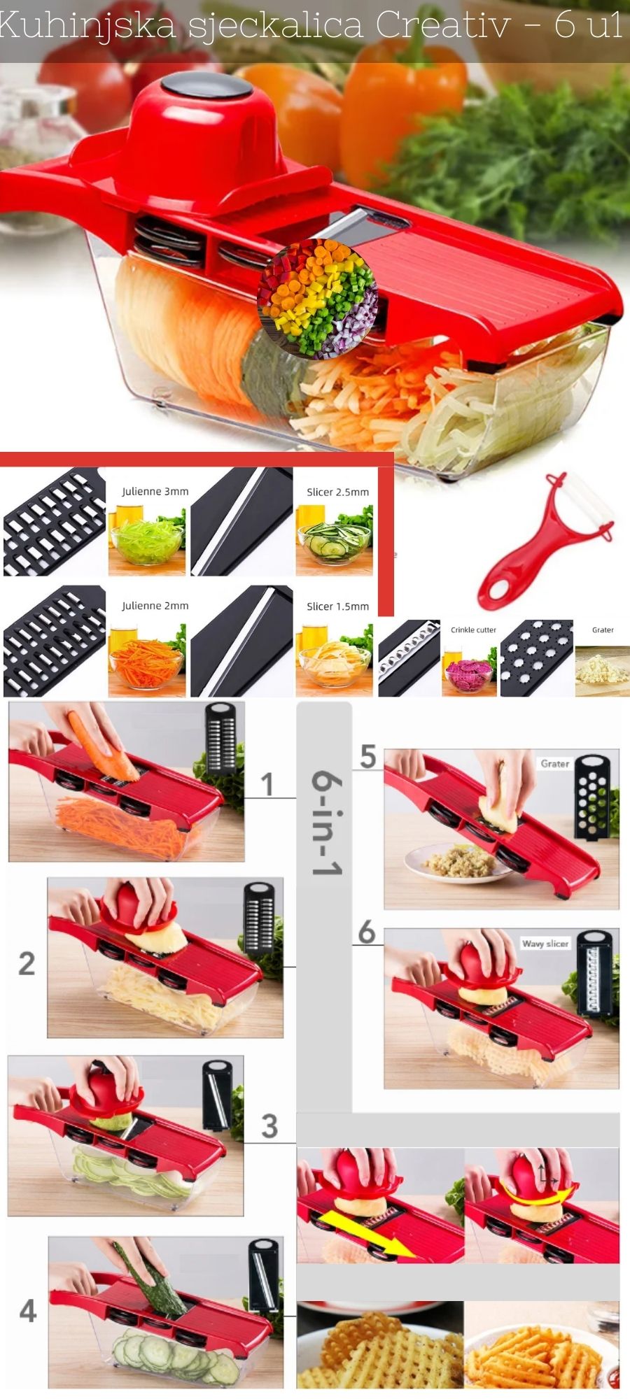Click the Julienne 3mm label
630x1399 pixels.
pyautogui.click(x=155, y=492)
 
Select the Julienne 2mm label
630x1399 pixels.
pyautogui.click(x=155, y=606)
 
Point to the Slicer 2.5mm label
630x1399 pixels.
pyautogui.click(x=337, y=492)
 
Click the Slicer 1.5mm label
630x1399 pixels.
pyautogui.click(x=337, y=606)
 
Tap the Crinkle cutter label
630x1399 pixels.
pyautogui.click(x=473, y=630)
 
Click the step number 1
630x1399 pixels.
pyautogui.click(x=267, y=784)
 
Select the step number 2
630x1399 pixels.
pyautogui.click(x=27, y=963)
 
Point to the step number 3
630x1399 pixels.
pyautogui.click(x=269, y=1126)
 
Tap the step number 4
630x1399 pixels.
pyautogui.click(x=28, y=1310)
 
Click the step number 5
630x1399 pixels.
pyautogui.click(x=368, y=756)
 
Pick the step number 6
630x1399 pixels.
pyautogui.click(x=367, y=932)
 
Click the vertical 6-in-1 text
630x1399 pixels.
pyautogui.click(x=326, y=823)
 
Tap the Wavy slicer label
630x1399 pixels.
pyautogui.click(x=545, y=944)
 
